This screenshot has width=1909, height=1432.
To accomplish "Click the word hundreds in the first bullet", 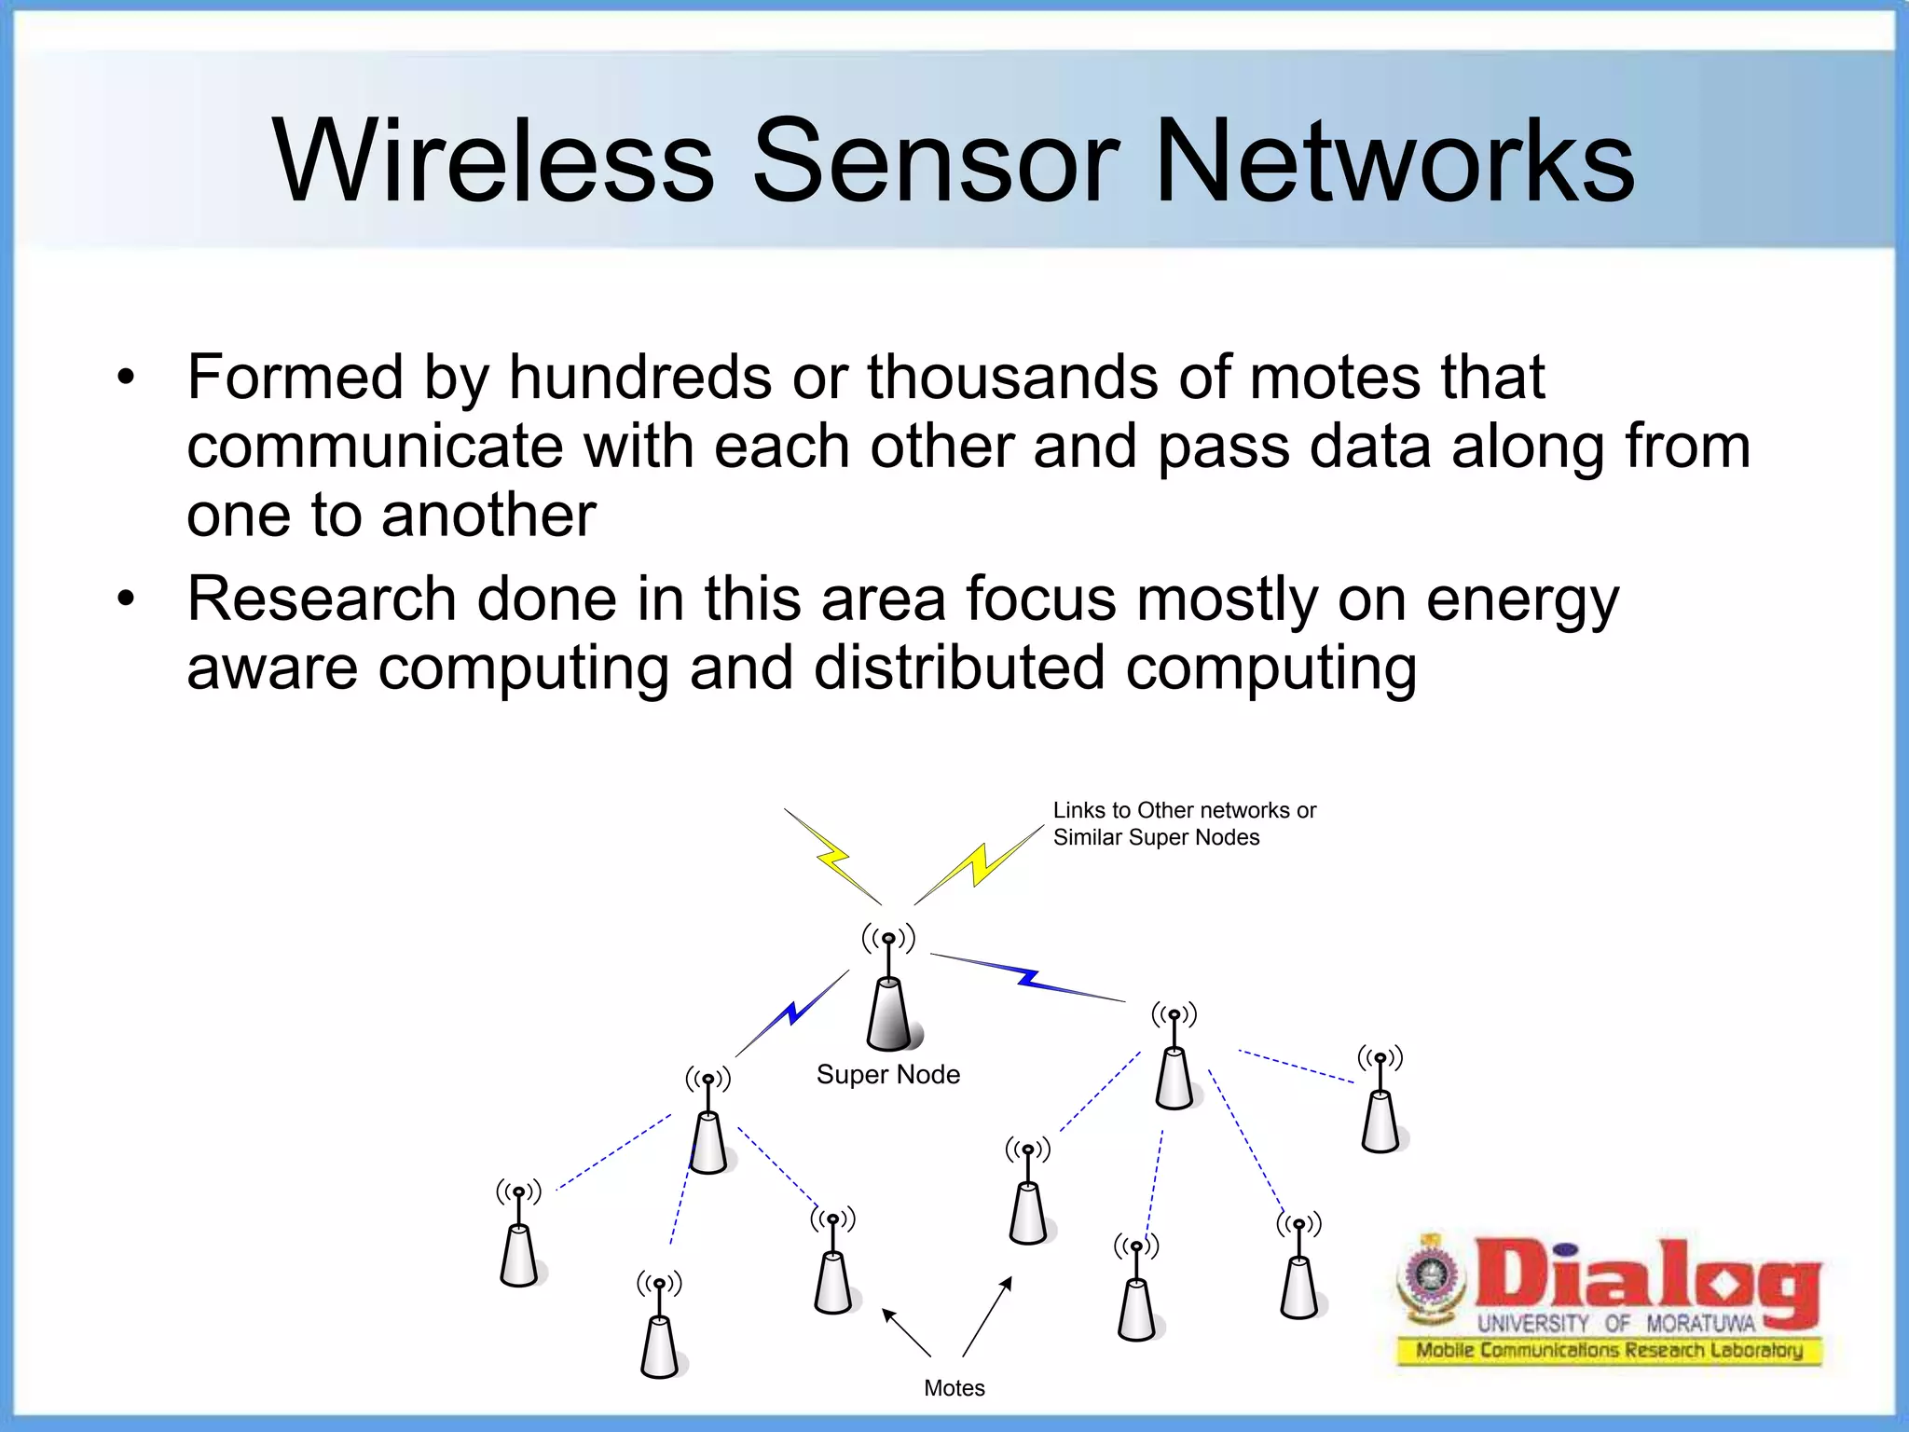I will click(640, 378).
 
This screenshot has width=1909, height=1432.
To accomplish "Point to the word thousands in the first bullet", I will click(1012, 378).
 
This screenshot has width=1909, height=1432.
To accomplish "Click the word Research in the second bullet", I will click(322, 599).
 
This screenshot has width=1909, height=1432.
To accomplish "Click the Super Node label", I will click(887, 1075).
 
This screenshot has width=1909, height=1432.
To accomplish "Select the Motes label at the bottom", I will click(954, 1388).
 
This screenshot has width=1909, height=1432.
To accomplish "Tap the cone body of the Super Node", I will click(889, 1016).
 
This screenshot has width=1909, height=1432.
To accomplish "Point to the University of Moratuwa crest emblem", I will click(1427, 1276).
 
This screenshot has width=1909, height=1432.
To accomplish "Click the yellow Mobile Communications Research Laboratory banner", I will click(1609, 1350).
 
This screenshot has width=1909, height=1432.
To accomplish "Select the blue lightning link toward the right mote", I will click(1028, 977).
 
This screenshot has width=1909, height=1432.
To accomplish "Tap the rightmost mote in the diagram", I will click(1380, 1120).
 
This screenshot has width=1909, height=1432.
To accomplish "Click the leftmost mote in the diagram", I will click(518, 1254).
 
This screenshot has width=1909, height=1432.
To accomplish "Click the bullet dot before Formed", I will click(126, 379).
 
